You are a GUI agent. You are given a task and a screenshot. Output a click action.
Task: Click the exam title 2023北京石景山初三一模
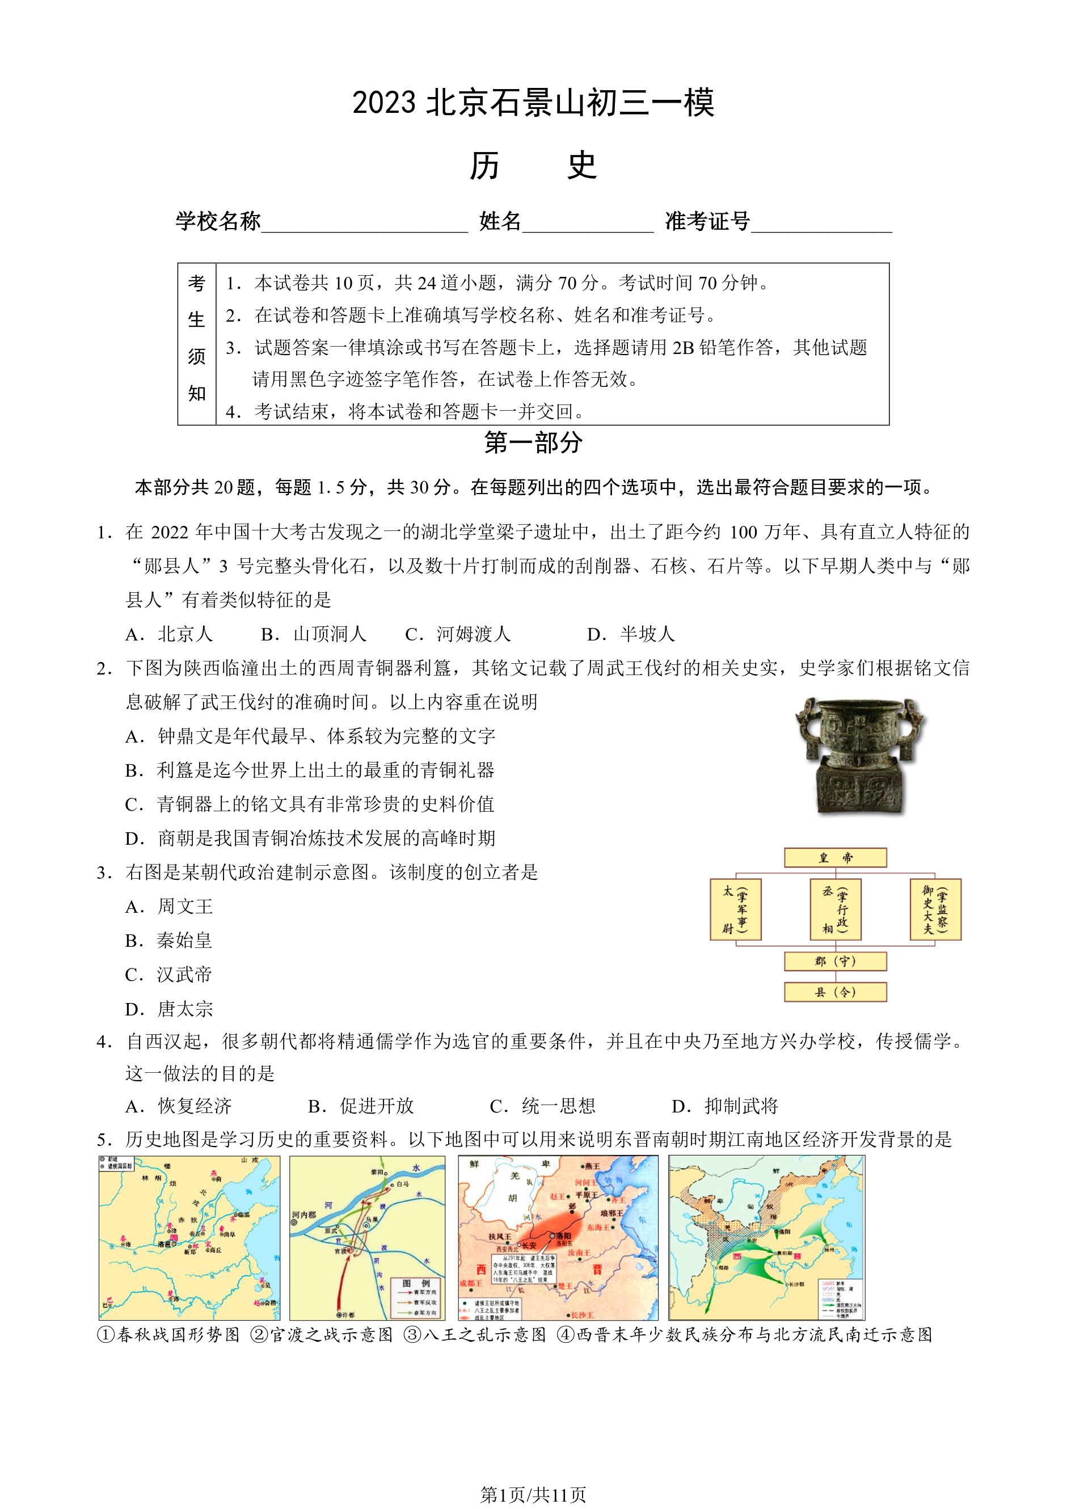(x=533, y=103)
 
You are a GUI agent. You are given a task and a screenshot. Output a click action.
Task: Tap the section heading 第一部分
(x=533, y=443)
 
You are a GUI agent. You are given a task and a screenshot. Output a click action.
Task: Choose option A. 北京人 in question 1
(x=170, y=634)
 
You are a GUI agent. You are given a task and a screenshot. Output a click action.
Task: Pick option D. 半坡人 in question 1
(x=631, y=634)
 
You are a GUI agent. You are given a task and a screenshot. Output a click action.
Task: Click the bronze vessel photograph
(x=859, y=756)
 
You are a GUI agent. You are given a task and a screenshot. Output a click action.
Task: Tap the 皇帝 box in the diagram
(x=835, y=858)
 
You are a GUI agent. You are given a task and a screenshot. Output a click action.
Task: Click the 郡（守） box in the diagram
(x=835, y=962)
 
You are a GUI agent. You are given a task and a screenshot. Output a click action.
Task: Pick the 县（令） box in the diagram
(x=835, y=992)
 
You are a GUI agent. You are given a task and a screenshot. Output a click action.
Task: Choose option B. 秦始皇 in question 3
(x=169, y=941)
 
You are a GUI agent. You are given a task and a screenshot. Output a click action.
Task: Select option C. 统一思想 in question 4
(x=543, y=1106)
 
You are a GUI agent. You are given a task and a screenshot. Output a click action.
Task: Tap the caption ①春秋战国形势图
(x=169, y=1335)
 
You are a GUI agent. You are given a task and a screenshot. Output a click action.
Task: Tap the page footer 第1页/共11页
(x=533, y=1495)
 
